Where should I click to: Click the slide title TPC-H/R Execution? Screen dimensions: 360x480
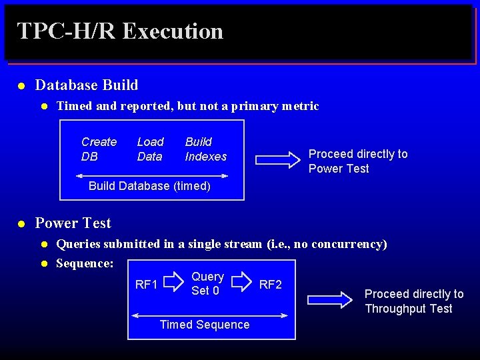(x=120, y=31)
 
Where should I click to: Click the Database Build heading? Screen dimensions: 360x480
(x=87, y=85)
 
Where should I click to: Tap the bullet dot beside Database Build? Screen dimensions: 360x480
(x=21, y=86)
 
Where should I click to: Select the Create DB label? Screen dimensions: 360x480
(x=99, y=149)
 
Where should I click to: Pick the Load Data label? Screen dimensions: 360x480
(x=150, y=149)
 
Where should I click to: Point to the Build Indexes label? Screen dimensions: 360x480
(x=205, y=149)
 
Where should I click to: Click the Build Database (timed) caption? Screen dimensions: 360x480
(x=149, y=186)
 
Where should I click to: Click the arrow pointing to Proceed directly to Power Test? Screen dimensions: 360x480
(x=278, y=159)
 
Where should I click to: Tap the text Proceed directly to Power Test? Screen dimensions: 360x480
(x=357, y=161)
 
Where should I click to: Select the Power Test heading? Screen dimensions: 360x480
(x=73, y=223)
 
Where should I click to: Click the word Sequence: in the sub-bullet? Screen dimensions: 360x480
(x=85, y=263)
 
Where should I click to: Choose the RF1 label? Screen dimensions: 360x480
(x=146, y=285)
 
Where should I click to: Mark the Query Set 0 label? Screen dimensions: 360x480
(x=207, y=283)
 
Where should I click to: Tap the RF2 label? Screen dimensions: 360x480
(x=270, y=285)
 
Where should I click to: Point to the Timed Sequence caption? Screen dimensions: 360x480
(x=205, y=325)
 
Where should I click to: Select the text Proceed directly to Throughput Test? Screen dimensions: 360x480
(x=413, y=301)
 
